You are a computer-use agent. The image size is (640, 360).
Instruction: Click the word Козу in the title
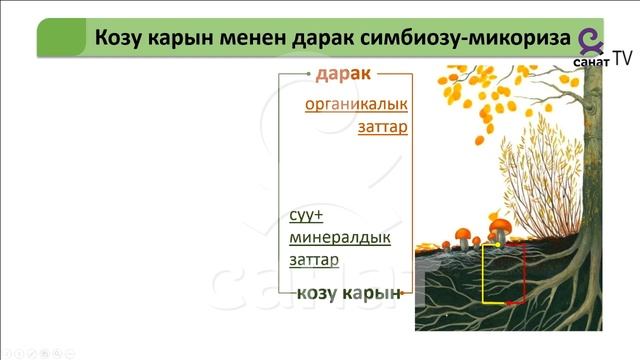[x=123, y=38]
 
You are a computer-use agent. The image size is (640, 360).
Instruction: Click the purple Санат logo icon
[x=590, y=39]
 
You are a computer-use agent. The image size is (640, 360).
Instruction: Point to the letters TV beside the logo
[x=622, y=59]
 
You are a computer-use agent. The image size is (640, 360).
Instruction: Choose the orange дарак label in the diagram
[x=343, y=75]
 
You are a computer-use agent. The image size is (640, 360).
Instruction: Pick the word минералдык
[x=339, y=238]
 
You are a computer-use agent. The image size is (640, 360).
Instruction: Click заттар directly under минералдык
[x=313, y=260]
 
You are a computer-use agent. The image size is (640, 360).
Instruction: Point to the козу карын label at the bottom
[x=348, y=292]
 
